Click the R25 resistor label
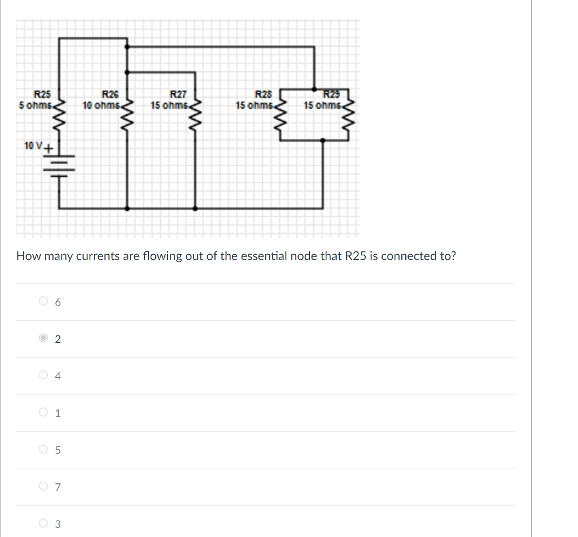(x=42, y=94)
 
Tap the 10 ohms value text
(x=100, y=105)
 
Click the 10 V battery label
(x=33, y=146)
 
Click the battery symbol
(x=59, y=164)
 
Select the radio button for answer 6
(x=44, y=302)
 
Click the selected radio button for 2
(x=44, y=339)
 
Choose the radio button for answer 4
(x=44, y=376)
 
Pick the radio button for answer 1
(x=44, y=413)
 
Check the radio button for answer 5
(x=44, y=450)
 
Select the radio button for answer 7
(x=44, y=486)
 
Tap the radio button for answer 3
(x=44, y=523)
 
